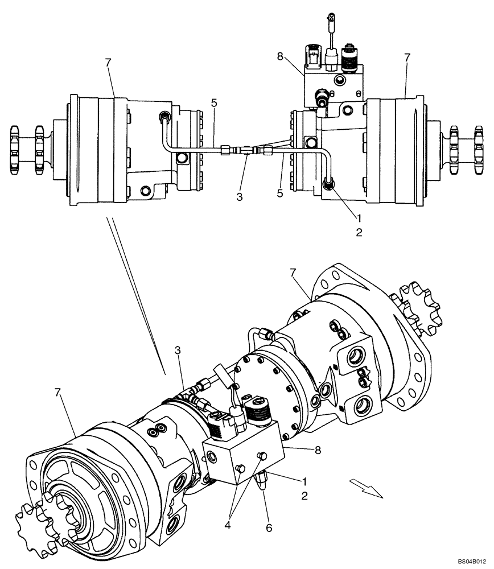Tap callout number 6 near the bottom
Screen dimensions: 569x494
(269, 528)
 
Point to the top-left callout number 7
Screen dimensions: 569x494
(108, 62)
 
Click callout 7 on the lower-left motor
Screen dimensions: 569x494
(59, 392)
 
